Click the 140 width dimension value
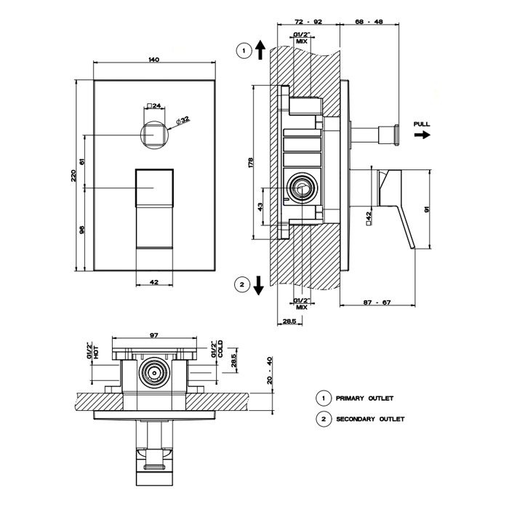point(153,59)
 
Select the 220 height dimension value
point(74,177)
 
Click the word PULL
point(422,124)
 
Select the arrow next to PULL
point(422,135)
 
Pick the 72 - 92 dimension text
point(302,23)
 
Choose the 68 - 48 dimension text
point(370,23)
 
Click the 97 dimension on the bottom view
point(154,334)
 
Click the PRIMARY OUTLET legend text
point(364,398)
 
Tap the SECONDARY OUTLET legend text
point(370,419)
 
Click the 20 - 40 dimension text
point(270,372)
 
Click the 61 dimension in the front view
point(82,161)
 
